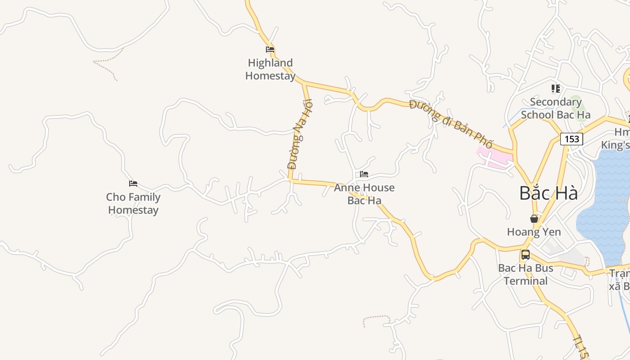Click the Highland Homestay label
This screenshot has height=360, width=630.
pyautogui.click(x=270, y=69)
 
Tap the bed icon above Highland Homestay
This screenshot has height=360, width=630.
pyautogui.click(x=270, y=49)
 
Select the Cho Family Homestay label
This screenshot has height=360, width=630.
pyautogui.click(x=133, y=203)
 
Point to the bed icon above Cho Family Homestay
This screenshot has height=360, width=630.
pyautogui.click(x=133, y=184)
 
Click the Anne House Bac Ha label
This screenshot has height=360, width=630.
pyautogui.click(x=364, y=194)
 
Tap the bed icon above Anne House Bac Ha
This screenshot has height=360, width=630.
pyautogui.click(x=364, y=174)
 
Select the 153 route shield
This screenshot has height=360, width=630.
pyautogui.click(x=571, y=139)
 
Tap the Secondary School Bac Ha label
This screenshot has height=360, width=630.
pyautogui.click(x=555, y=108)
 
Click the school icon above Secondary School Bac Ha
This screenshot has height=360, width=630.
pyautogui.click(x=555, y=89)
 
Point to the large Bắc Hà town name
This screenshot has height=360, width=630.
pyautogui.click(x=549, y=193)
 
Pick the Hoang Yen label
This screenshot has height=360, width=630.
pyautogui.click(x=534, y=232)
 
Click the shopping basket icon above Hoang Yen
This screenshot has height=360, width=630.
pyautogui.click(x=534, y=219)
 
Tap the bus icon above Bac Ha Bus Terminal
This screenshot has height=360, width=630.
pyautogui.click(x=525, y=255)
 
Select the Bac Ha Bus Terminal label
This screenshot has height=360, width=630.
pyautogui.click(x=525, y=274)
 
